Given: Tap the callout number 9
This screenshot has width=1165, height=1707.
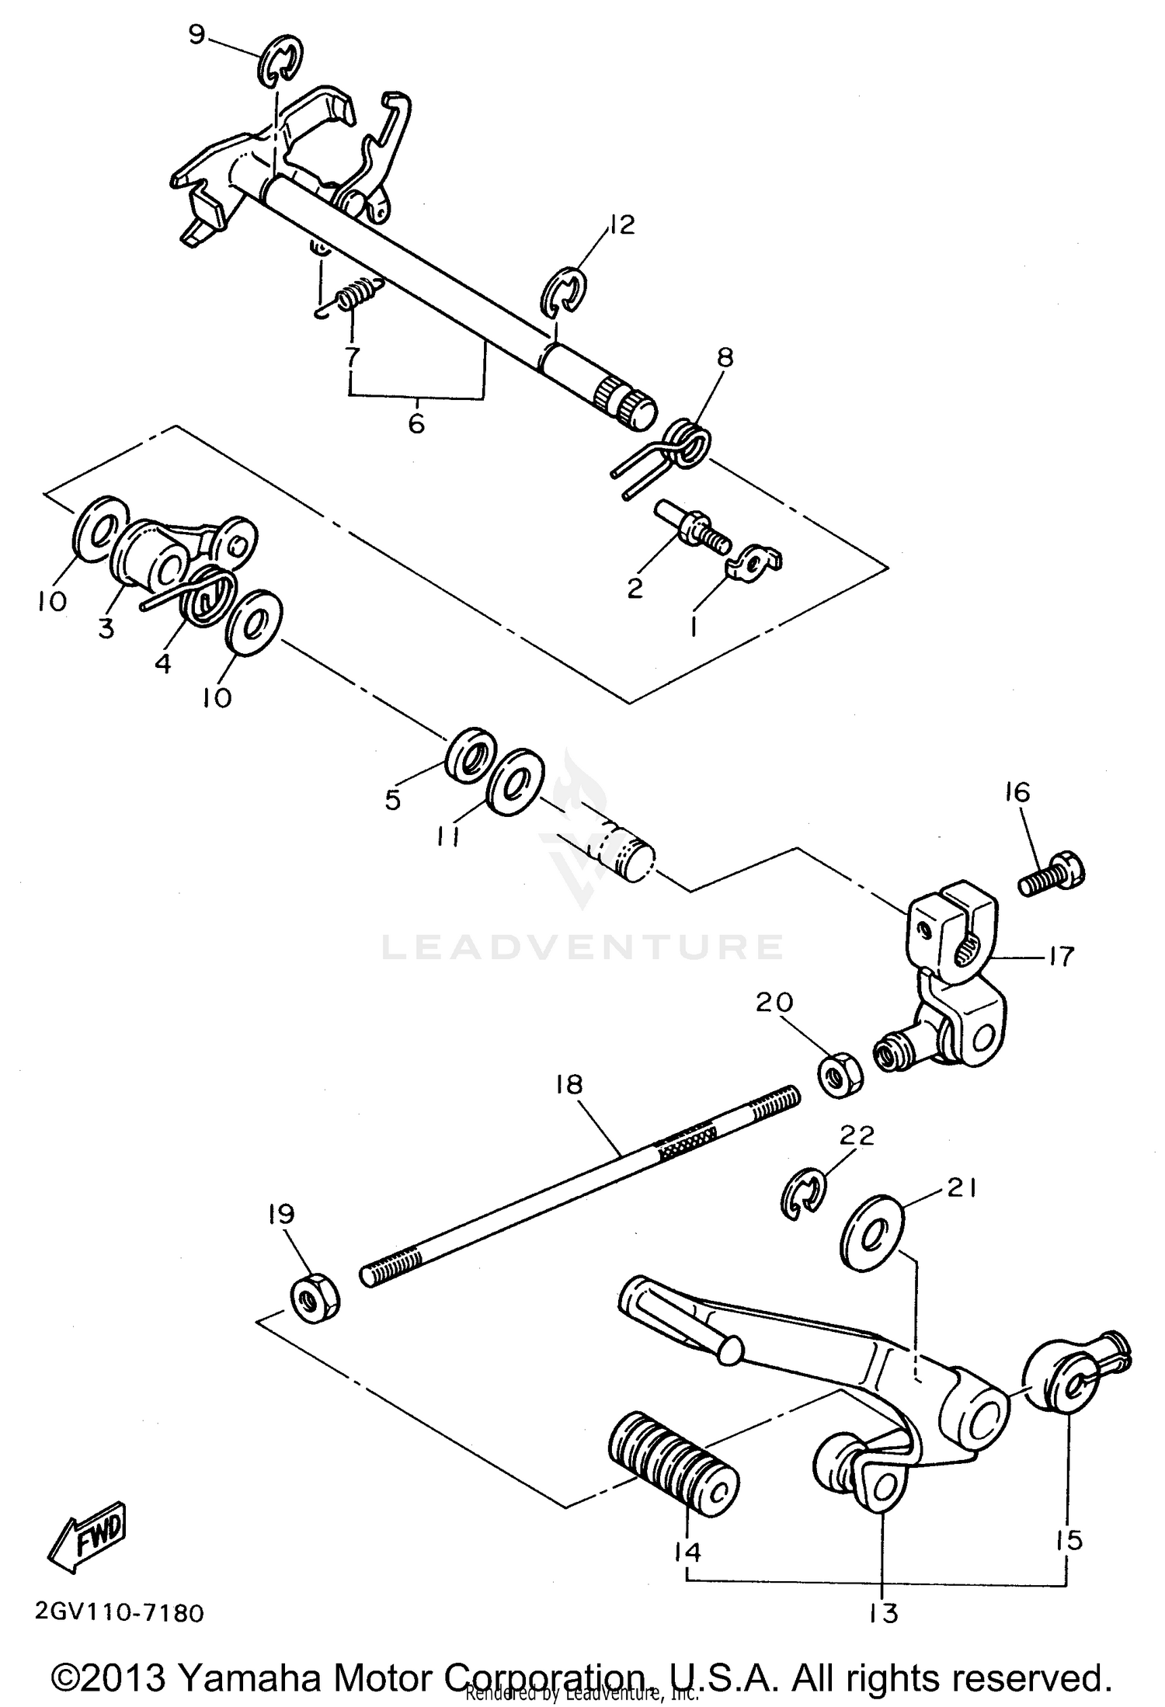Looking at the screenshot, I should coord(198,35).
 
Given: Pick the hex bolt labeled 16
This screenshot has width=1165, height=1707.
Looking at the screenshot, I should coord(1053,878).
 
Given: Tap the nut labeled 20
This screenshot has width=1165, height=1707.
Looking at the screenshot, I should coord(839,1074).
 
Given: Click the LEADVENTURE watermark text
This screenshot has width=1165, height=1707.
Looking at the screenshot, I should coord(582,947).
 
